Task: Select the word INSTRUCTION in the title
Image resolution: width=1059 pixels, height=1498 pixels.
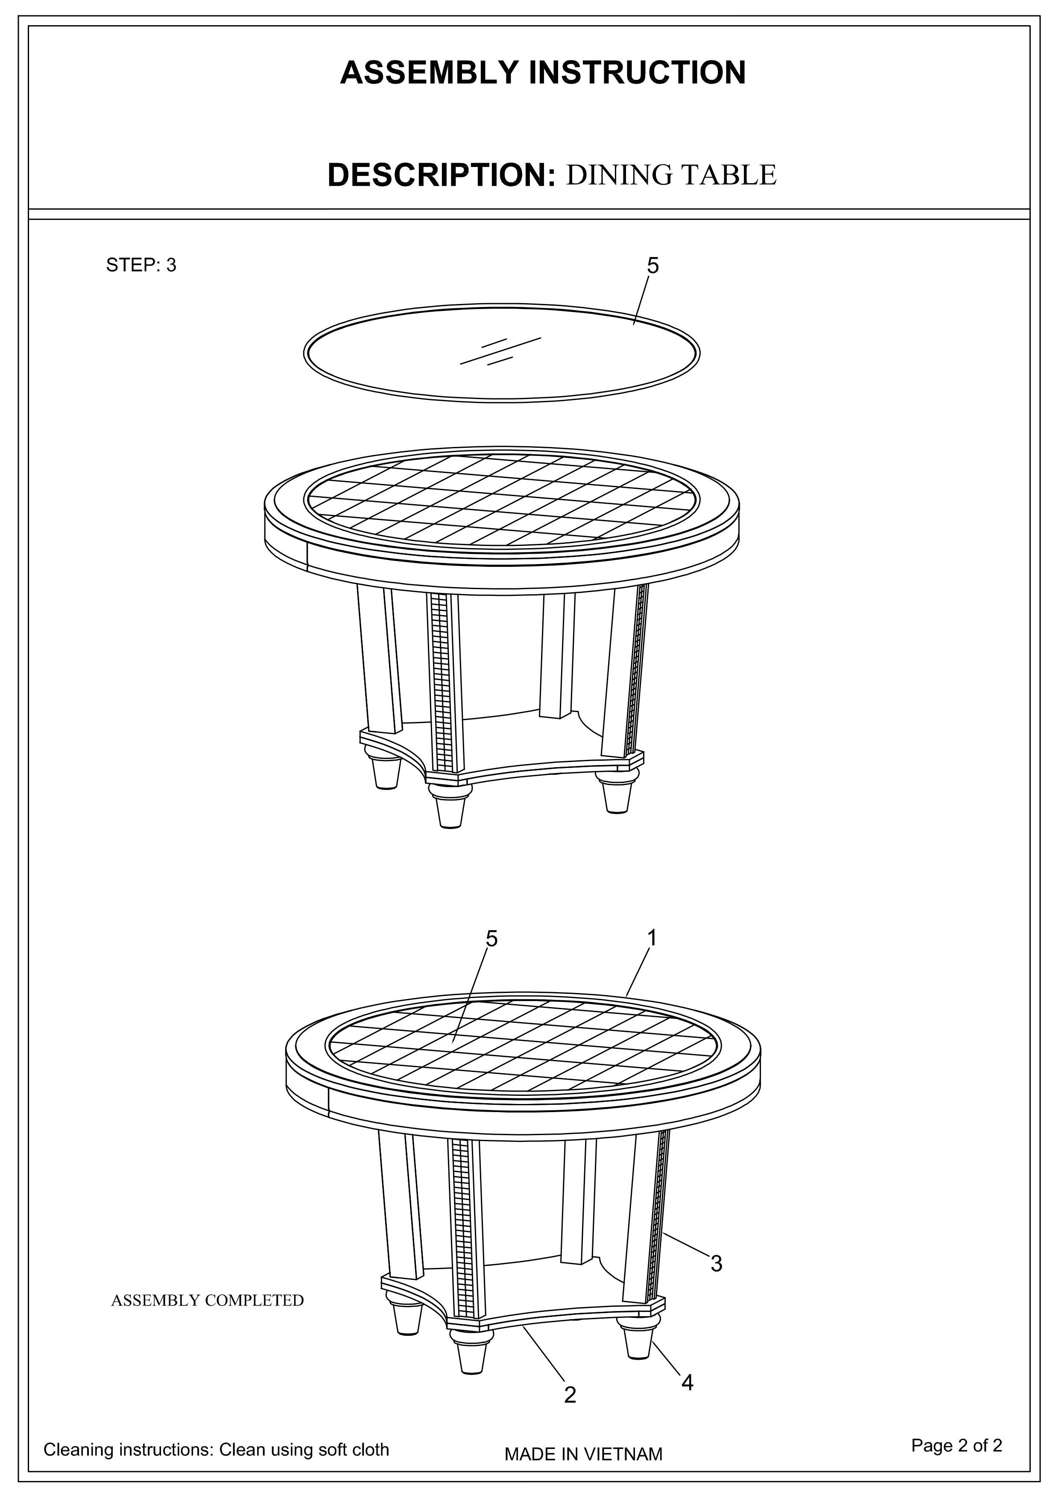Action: click(638, 73)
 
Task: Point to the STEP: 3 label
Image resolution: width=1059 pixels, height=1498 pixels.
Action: click(141, 266)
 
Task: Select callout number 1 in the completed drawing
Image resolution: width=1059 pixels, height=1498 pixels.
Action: click(651, 937)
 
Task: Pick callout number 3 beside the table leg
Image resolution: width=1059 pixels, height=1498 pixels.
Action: click(717, 1264)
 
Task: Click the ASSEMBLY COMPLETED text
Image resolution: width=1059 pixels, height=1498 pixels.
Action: click(208, 1300)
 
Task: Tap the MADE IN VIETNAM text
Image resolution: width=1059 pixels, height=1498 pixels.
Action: click(583, 1454)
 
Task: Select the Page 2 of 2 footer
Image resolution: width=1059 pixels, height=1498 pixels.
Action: click(957, 1446)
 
